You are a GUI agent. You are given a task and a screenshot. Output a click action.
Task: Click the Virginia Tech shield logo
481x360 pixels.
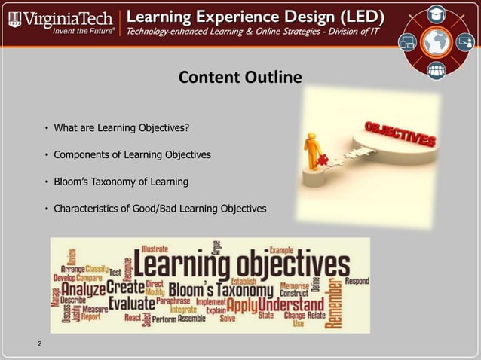coord(14,18)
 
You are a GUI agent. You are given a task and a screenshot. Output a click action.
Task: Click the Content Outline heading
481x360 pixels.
coord(240,78)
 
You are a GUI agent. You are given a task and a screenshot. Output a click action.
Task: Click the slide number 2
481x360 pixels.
coord(39,344)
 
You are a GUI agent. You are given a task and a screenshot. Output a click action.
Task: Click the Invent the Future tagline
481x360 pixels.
coord(83,32)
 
